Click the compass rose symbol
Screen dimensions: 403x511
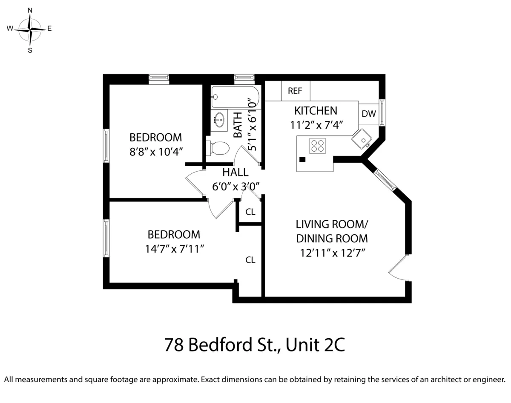tap(30, 29)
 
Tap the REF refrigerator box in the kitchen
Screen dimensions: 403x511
tap(295, 91)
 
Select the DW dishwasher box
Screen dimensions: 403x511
tap(368, 114)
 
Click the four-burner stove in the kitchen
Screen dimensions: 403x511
tap(317, 146)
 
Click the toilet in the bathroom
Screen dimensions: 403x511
tap(218, 148)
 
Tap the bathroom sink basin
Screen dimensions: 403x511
tap(220, 120)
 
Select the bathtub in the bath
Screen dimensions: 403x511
tap(235, 97)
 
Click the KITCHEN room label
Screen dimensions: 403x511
tap(316, 111)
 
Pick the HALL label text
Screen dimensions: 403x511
tap(235, 173)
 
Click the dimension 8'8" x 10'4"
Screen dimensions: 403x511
tap(156, 152)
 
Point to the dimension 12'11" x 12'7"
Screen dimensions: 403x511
tap(332, 253)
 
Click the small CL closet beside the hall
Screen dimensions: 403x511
tap(250, 212)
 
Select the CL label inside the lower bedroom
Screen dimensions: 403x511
tap(250, 260)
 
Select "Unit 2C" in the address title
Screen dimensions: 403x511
tap(315, 345)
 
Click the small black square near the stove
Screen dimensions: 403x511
tap(302, 159)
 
